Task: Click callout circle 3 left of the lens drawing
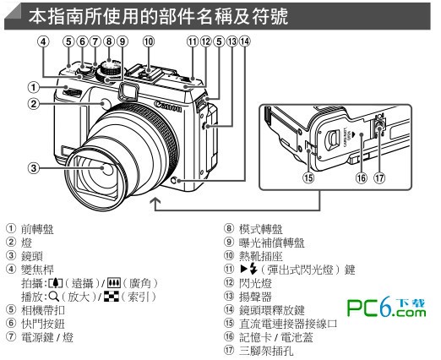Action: [x=31, y=166]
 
